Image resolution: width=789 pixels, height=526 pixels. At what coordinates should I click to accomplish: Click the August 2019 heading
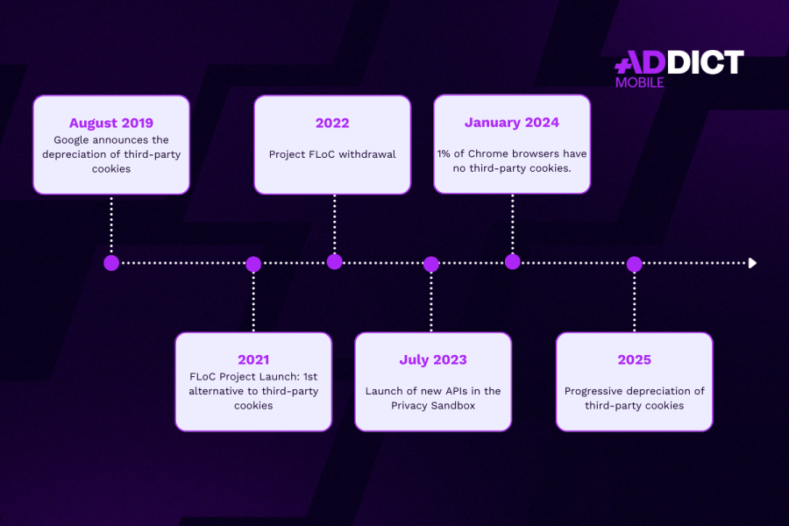click(111, 124)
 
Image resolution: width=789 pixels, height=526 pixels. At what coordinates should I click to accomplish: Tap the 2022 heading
click(332, 124)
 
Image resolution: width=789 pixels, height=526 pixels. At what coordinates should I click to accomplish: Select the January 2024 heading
click(512, 123)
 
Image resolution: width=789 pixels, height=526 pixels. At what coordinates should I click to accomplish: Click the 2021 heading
click(253, 360)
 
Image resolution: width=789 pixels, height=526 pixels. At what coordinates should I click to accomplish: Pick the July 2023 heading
click(433, 360)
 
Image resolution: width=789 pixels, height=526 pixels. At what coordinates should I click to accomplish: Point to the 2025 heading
click(635, 360)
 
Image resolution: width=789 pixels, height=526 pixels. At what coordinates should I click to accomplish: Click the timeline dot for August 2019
click(111, 263)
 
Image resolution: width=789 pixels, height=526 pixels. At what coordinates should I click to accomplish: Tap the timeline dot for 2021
click(253, 264)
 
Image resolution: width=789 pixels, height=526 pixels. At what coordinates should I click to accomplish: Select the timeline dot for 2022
click(335, 262)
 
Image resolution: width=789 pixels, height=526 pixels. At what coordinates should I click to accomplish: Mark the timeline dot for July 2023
click(431, 264)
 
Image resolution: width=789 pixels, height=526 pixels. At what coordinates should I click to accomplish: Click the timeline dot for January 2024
click(513, 262)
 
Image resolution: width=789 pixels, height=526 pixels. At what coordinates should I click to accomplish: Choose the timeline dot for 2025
click(635, 264)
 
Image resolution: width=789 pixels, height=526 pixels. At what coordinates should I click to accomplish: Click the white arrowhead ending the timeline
click(752, 263)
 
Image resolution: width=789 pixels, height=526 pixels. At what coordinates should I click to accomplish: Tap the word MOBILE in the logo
click(640, 82)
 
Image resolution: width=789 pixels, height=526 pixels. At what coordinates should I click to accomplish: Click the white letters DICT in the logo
click(705, 62)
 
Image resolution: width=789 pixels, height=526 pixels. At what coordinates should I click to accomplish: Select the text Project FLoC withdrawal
click(332, 154)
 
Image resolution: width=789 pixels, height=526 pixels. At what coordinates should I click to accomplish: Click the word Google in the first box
click(70, 140)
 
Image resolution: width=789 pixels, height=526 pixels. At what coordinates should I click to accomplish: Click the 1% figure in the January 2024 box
click(444, 154)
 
